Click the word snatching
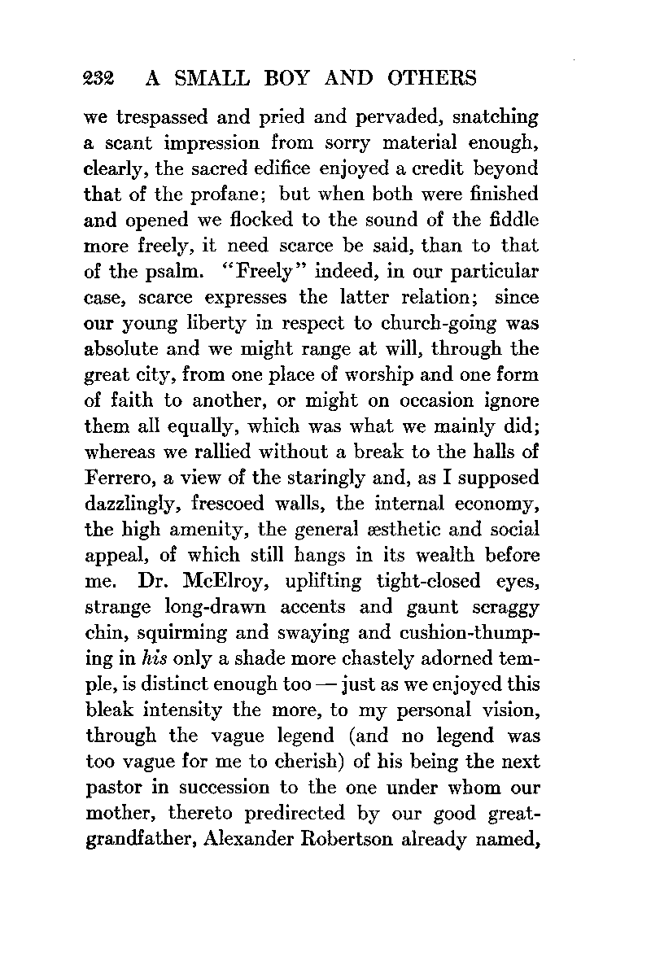click(x=486, y=117)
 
